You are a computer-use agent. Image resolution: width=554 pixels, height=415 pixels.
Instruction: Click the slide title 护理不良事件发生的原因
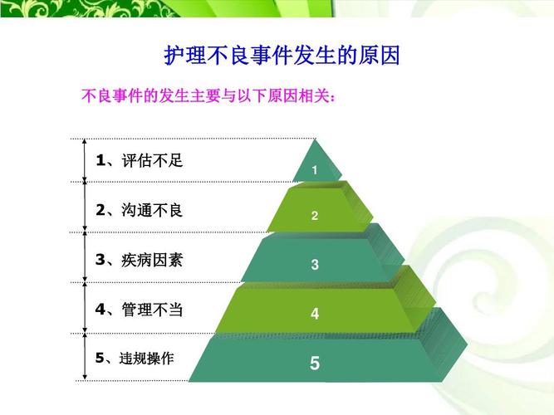click(x=282, y=56)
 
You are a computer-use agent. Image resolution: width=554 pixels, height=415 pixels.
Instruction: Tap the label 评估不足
click(x=152, y=160)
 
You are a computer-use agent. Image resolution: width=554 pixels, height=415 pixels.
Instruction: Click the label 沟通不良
click(x=152, y=210)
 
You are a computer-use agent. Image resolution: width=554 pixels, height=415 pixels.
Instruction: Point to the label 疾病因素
click(x=152, y=260)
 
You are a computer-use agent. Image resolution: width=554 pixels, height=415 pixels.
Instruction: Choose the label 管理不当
click(x=152, y=310)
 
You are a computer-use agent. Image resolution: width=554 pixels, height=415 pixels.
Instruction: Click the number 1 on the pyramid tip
click(x=315, y=170)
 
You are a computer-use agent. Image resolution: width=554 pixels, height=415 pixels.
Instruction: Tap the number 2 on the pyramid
click(x=315, y=216)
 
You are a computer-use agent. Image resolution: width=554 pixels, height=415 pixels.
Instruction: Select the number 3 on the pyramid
click(x=315, y=265)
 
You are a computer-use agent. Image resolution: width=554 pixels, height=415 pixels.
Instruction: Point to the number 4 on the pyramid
click(x=315, y=314)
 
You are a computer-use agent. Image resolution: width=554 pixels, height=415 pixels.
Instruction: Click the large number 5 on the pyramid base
click(x=315, y=363)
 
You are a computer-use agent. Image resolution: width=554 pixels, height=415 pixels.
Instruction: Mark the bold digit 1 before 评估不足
click(x=101, y=160)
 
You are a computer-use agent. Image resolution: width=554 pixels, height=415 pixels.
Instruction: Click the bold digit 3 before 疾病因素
click(x=101, y=260)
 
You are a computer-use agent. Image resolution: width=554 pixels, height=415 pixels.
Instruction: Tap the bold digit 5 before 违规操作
click(x=100, y=359)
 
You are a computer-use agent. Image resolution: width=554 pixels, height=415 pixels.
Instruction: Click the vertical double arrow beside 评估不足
click(x=85, y=160)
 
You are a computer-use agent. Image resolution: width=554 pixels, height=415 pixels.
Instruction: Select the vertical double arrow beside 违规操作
click(x=85, y=357)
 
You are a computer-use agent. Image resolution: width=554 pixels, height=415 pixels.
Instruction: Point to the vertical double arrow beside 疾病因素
click(x=85, y=257)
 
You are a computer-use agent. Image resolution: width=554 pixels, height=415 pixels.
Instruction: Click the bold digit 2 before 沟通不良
click(x=101, y=210)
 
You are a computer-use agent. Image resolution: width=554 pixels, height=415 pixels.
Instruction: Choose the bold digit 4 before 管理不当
click(x=101, y=310)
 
